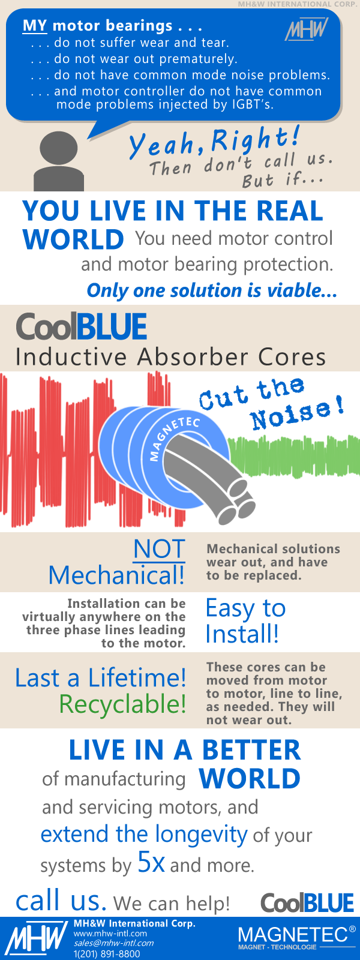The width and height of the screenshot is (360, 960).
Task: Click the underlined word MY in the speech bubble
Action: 34,26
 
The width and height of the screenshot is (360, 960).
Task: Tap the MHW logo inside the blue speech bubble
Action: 307,29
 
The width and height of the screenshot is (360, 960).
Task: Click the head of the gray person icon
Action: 59,148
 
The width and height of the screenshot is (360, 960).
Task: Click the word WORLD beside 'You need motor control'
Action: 73,239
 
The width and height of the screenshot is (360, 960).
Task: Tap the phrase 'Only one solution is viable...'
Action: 212,290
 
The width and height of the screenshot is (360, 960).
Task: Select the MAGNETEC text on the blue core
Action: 175,438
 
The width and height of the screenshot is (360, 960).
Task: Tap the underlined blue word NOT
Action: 160,549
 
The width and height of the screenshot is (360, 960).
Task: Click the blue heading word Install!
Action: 242,634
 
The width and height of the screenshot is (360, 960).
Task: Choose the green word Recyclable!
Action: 122,704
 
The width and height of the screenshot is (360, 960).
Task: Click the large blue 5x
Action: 151,862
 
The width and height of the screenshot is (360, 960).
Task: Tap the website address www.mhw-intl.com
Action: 110,934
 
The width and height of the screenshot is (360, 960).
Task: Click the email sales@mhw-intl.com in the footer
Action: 113,943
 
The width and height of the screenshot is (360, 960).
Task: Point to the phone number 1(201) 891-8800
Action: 107,953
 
